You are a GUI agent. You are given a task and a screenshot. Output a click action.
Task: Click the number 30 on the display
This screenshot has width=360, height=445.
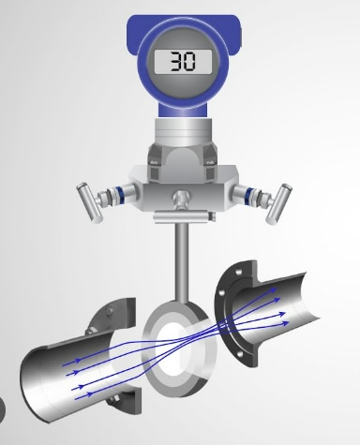point(181,63)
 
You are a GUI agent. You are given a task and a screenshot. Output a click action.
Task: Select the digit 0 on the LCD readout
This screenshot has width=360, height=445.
point(188,63)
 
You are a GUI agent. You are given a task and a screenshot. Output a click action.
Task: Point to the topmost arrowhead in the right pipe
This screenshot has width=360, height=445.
point(277,289)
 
